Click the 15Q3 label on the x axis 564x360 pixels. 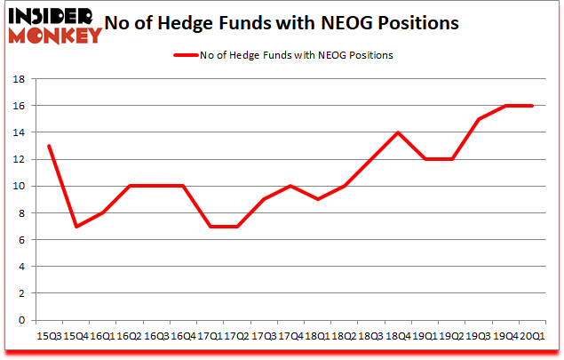click(48, 336)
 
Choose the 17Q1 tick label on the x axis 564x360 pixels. click(210, 336)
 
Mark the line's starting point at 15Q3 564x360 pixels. click(48, 146)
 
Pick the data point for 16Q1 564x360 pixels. click(102, 212)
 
